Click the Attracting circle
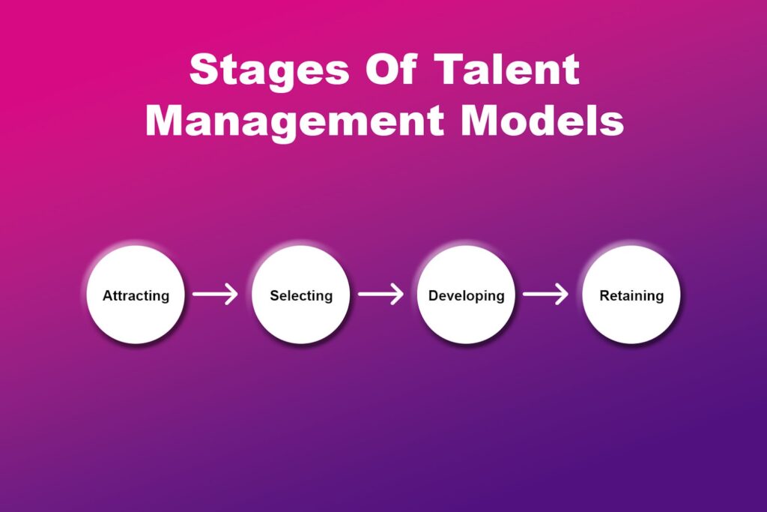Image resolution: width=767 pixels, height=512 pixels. click(136, 295)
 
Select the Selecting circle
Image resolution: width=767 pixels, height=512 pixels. click(301, 295)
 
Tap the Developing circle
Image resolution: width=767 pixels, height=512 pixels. click(466, 295)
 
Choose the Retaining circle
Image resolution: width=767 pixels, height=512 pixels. click(631, 295)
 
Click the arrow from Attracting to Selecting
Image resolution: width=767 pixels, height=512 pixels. click(215, 295)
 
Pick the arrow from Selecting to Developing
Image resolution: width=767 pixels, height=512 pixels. click(381, 295)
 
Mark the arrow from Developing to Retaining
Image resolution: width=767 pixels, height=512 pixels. click(545, 295)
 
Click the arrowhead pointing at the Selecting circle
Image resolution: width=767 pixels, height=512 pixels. click(233, 295)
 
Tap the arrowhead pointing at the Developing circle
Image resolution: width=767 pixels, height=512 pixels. click(398, 295)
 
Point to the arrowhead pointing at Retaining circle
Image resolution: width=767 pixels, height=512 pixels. click(563, 295)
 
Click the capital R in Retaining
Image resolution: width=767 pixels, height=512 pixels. click(604, 295)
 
